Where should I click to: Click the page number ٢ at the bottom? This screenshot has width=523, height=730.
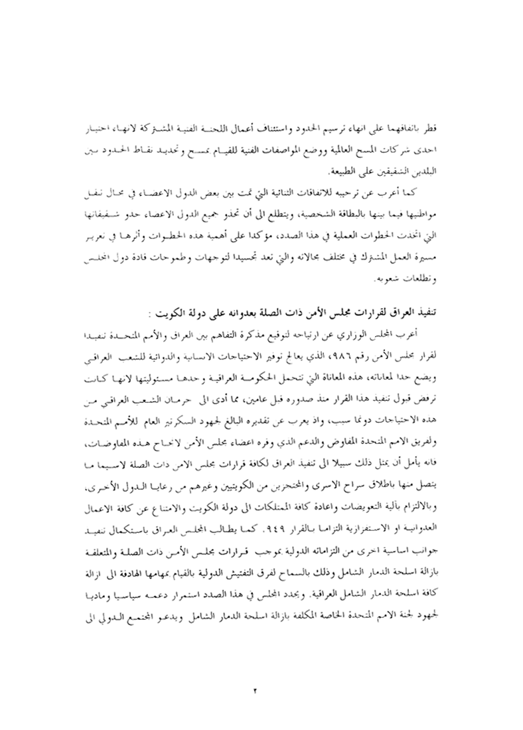pos(254,672)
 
